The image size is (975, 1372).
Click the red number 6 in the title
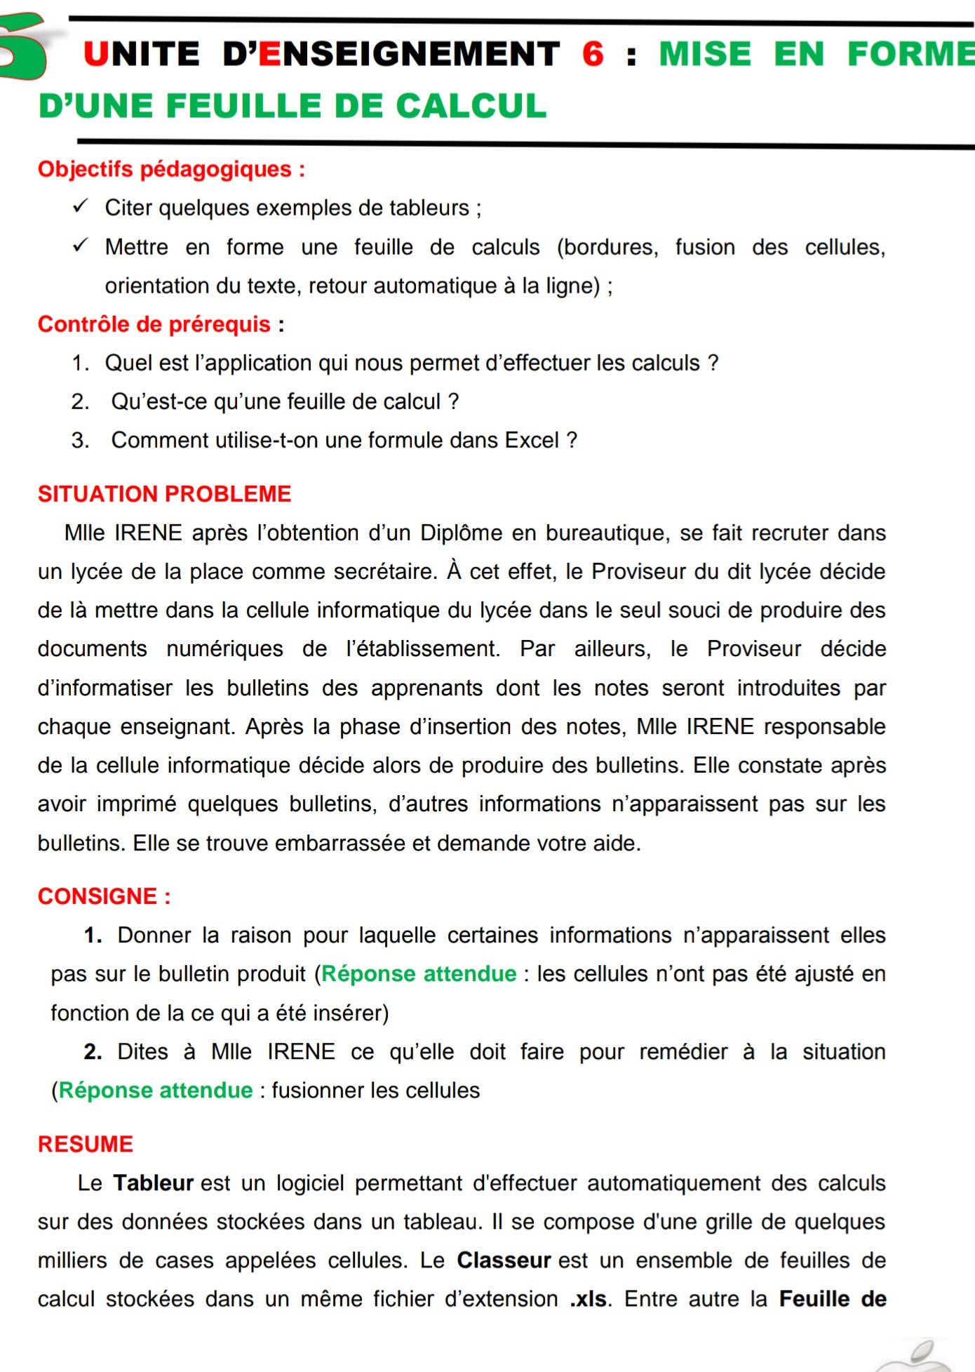coord(593,54)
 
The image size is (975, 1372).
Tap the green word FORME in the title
coord(910,54)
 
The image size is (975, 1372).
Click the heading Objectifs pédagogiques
coord(171,169)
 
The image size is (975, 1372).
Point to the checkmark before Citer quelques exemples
coord(81,206)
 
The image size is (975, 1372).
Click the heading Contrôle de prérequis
coord(161,324)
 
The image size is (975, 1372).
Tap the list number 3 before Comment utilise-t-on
coord(80,440)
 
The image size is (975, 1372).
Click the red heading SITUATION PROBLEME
coord(164,494)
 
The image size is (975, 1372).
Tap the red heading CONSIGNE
coord(98,896)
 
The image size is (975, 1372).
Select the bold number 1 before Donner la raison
coord(91,935)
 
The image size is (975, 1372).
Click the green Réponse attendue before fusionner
coord(155,1090)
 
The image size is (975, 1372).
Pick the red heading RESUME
coord(86,1144)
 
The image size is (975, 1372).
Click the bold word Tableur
coord(154,1183)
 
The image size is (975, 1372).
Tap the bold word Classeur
coord(504,1260)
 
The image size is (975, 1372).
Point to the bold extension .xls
coord(589,1299)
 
